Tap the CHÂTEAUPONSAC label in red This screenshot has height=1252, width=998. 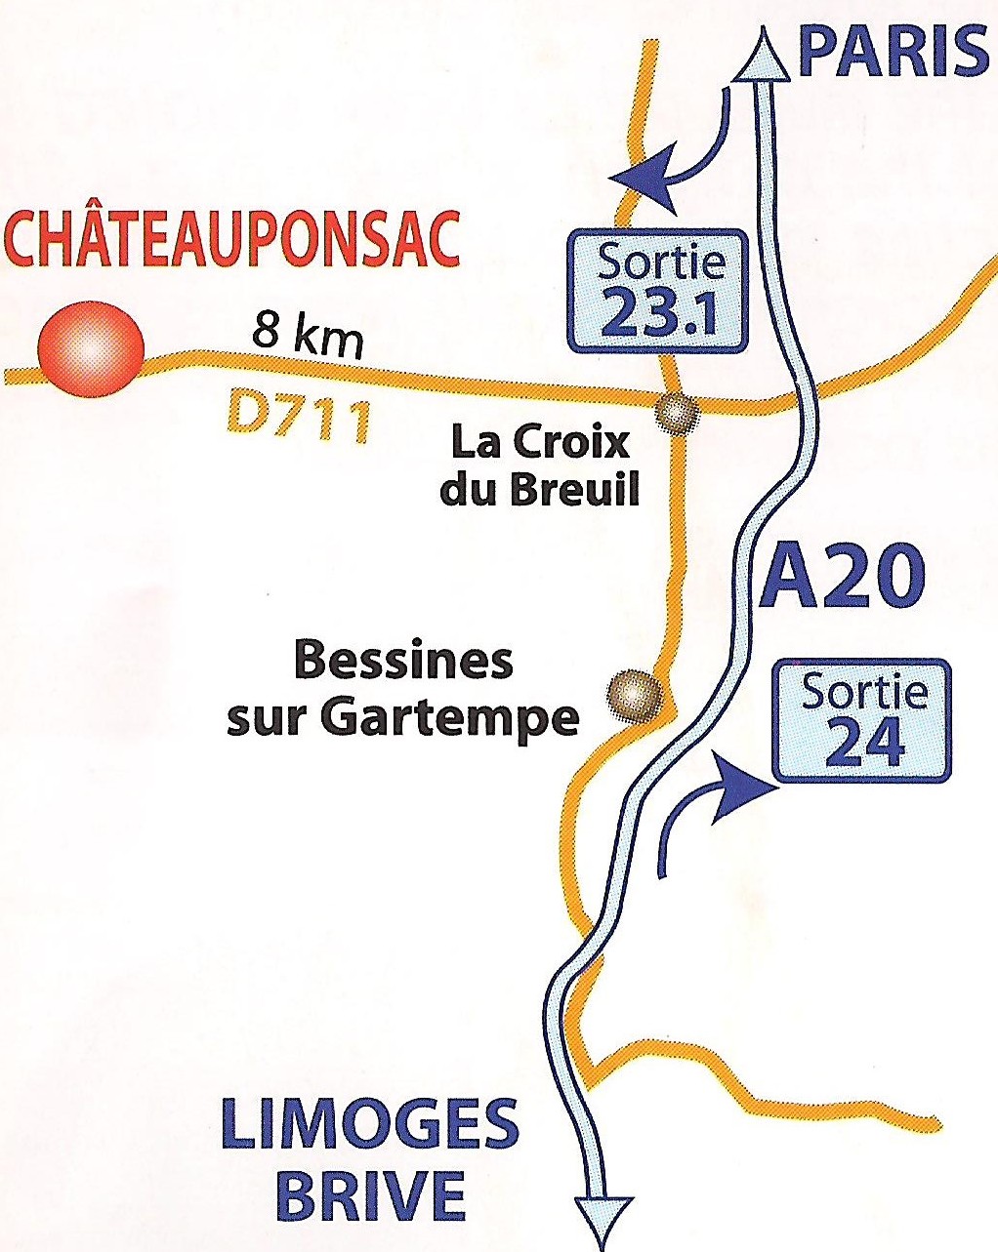coord(231,239)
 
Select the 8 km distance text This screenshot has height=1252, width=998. coord(308,338)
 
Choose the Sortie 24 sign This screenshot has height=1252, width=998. coord(862,722)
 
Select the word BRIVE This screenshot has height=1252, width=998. coord(369,1194)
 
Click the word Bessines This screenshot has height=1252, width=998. coord(402,662)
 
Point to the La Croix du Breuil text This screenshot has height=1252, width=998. coord(539,465)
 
